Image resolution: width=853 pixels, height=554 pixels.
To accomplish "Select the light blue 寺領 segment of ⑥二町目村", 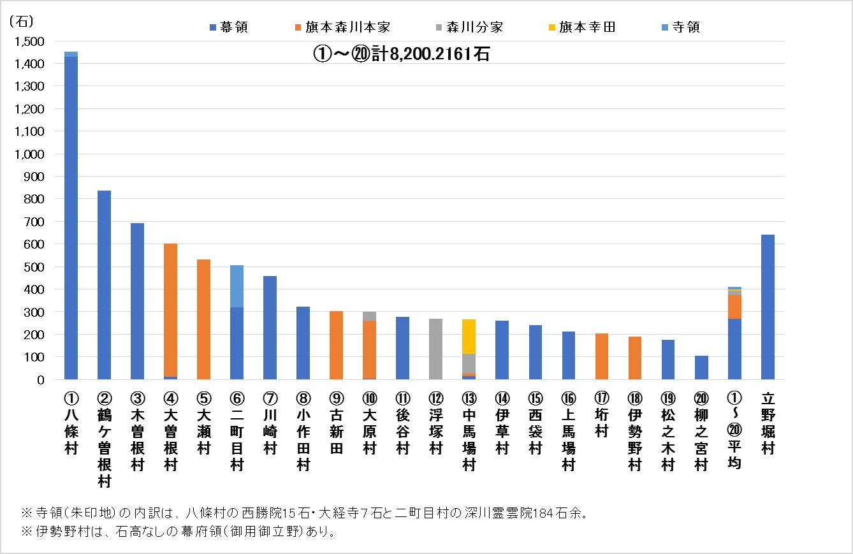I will tap(237, 286).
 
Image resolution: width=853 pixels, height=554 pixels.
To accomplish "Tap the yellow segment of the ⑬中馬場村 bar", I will tap(469, 336).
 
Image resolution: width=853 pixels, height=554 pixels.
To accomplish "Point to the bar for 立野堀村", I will tap(768, 307).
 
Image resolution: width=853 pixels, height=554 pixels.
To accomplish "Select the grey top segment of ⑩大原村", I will tap(369, 316).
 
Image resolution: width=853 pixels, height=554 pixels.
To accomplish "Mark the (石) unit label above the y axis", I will tap(21, 21).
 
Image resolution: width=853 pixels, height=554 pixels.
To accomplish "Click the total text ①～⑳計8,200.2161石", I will tap(401, 54).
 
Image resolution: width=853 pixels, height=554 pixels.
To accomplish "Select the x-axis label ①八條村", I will tap(71, 424).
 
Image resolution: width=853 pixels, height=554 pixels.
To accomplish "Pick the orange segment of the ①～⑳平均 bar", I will tap(734, 307).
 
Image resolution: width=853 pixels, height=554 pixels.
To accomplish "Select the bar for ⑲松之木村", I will tap(668, 360).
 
